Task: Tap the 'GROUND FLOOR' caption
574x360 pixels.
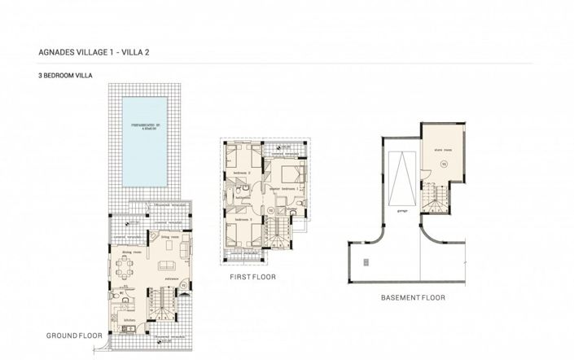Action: pos(73,336)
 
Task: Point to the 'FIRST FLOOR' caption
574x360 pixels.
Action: pos(253,278)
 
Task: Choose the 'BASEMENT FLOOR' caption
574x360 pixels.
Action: pos(413,298)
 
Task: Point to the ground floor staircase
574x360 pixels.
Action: pos(159,310)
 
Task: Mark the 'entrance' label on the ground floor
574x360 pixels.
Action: pos(172,279)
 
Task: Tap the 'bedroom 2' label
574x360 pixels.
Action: pos(242,173)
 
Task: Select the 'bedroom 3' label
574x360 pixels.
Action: pos(242,219)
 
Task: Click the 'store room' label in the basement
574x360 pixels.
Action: pos(442,149)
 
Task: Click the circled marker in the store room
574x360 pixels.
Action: pos(443,164)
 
